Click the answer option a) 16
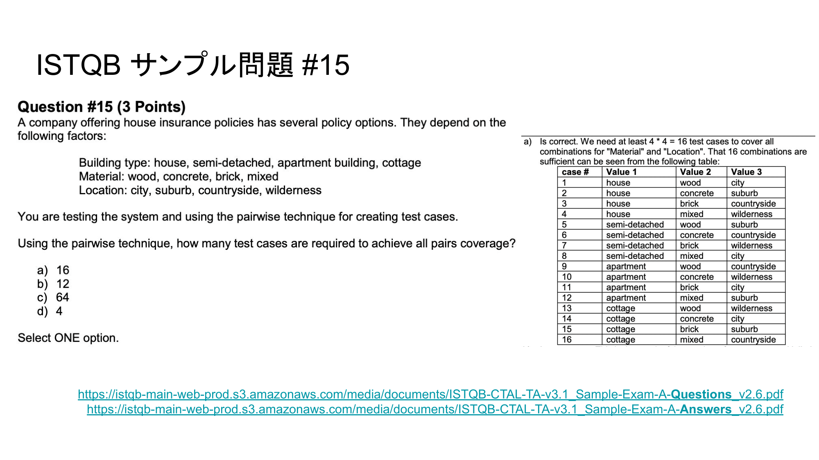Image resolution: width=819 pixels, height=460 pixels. [x=54, y=270]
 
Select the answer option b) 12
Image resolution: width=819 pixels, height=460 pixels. [x=54, y=284]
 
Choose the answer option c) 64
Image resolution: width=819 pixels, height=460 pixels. [x=54, y=297]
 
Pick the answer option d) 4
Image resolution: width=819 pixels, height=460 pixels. [x=50, y=311]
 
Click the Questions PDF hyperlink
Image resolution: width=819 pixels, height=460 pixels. [x=430, y=394]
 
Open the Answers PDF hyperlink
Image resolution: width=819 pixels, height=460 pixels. [x=435, y=409]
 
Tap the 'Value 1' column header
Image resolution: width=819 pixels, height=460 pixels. [x=621, y=172]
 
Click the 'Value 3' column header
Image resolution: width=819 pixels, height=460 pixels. [x=746, y=172]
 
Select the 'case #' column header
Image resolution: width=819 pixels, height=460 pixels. [x=575, y=172]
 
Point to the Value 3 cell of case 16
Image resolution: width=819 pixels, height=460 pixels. [x=753, y=340]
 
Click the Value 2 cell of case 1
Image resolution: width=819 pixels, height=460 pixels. [x=690, y=183]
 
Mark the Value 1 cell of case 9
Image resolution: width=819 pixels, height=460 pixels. [x=626, y=267]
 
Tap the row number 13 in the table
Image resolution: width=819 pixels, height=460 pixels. [x=567, y=308]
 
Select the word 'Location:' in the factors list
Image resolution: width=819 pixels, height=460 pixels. [x=103, y=191]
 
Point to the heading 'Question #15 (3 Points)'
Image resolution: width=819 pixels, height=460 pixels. [x=102, y=107]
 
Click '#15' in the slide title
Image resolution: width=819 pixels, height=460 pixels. [x=326, y=65]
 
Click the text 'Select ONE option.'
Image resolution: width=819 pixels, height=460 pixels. [x=68, y=338]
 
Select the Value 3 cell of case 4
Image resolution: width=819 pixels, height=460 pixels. [x=751, y=214]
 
